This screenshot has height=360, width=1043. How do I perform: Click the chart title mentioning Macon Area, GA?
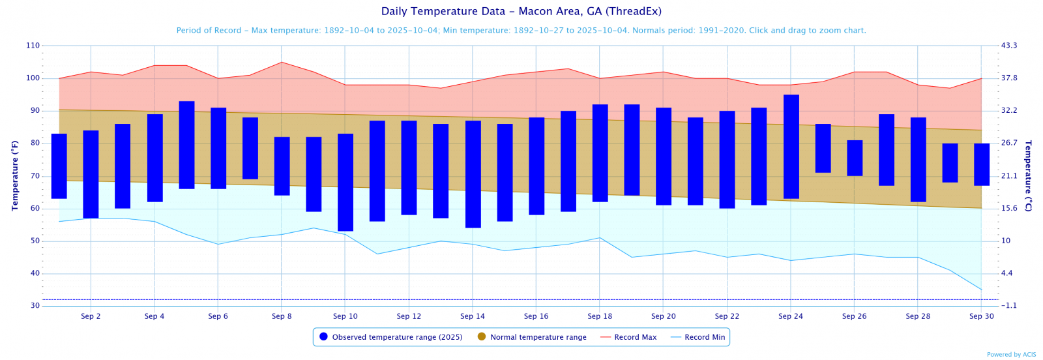521,11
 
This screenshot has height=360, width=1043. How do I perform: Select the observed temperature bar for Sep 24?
791,147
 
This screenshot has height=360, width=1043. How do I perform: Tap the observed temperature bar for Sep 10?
345,182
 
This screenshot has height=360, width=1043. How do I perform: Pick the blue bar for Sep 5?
186,145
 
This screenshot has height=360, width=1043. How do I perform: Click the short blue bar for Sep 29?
950,163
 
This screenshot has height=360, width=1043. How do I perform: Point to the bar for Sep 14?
473,174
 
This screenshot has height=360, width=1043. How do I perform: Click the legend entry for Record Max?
628,337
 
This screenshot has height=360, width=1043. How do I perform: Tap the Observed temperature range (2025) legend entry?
390,337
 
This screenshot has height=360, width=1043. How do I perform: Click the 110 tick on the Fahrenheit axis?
33,46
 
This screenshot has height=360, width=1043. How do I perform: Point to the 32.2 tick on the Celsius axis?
1009,111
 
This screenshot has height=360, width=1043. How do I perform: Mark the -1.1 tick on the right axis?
1009,306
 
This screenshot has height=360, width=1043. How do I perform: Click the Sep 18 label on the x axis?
600,316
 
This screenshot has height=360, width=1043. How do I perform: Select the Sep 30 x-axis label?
981,316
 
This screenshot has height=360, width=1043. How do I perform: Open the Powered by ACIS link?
1011,355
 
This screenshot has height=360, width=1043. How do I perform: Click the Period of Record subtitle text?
521,31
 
